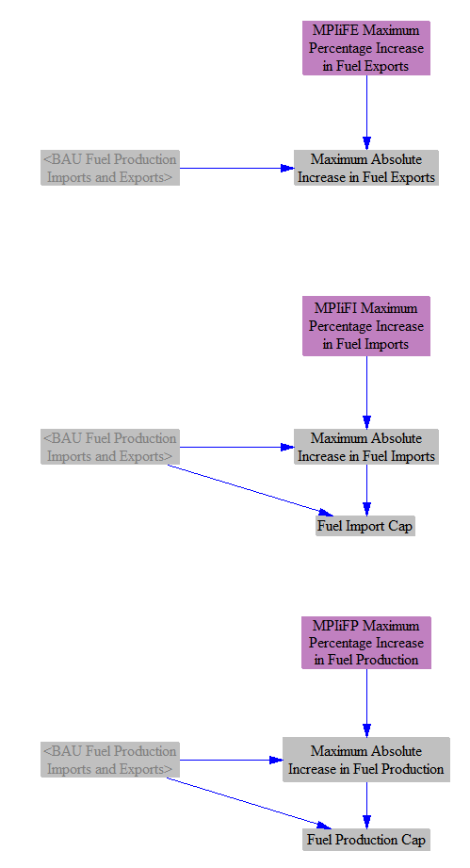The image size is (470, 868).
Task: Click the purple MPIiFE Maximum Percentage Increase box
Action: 366,48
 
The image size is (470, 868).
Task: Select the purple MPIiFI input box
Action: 366,326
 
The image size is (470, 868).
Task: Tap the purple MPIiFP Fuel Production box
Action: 366,643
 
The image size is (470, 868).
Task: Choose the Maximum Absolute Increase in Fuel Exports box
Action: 366,168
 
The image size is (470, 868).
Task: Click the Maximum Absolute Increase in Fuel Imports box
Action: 366,447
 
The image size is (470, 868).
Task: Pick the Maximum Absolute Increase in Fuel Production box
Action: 366,760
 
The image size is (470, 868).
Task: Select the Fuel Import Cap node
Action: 365,526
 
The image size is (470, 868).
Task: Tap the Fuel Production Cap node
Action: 366,840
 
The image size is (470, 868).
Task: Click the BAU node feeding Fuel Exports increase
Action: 110,168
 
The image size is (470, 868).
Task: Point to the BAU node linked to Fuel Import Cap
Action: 110,447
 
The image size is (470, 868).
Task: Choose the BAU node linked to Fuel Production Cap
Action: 110,760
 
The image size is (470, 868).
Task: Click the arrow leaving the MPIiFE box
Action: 366,112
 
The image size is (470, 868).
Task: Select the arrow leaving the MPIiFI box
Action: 366,392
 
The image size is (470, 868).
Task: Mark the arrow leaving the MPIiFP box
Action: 366,703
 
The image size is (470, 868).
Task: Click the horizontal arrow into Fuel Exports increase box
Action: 236,168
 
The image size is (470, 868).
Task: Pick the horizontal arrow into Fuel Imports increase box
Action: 236,447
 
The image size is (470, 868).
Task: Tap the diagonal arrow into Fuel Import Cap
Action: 251,490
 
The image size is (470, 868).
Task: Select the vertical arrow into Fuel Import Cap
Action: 366,490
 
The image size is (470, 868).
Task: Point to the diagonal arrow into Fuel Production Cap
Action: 250,803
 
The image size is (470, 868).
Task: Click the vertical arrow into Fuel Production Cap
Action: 366,806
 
